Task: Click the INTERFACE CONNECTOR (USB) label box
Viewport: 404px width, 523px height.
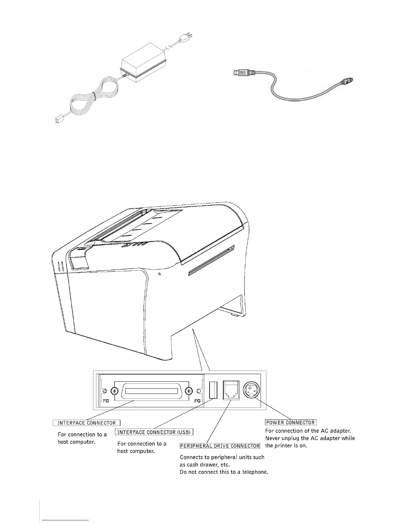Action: (x=154, y=432)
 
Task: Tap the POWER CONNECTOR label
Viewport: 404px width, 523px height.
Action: (x=291, y=422)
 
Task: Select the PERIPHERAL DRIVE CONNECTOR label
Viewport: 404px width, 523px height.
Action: (x=220, y=446)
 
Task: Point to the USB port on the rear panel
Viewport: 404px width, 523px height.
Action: (x=213, y=391)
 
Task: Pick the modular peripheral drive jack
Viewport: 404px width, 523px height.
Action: (x=231, y=391)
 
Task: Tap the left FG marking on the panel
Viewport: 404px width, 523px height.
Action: (x=106, y=401)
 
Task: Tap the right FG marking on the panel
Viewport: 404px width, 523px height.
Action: (x=197, y=401)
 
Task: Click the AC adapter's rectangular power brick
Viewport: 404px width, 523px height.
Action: (x=143, y=68)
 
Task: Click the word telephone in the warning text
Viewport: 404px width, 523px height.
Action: (x=253, y=472)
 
